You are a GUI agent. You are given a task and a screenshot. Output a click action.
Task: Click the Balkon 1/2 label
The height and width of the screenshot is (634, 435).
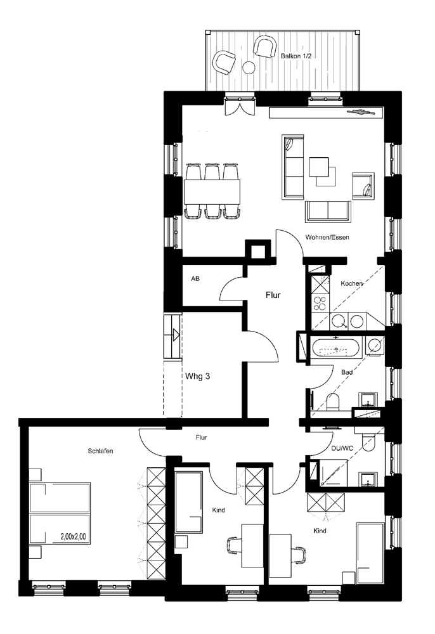tap(296, 56)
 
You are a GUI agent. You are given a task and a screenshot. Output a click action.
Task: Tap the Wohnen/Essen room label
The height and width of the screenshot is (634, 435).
tap(327, 237)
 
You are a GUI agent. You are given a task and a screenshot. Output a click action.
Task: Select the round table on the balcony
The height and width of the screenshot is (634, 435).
tap(249, 68)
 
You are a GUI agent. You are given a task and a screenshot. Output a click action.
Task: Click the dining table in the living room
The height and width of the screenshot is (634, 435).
tap(212, 191)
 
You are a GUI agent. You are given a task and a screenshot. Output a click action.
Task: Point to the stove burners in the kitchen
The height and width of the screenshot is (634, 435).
tap(320, 303)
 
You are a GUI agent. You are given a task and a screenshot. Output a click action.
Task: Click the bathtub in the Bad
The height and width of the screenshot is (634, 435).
tap(335, 347)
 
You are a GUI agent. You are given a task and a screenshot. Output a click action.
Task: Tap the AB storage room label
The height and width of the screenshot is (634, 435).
tap(195, 279)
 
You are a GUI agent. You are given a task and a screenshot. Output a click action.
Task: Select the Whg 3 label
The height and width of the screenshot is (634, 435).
tap(197, 376)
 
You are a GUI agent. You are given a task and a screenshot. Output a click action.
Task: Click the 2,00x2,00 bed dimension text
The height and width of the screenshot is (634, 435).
tap(73, 536)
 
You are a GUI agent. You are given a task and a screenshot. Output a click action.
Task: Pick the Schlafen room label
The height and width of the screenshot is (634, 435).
tap(100, 451)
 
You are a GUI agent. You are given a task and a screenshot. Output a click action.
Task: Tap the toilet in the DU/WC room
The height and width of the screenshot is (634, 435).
tap(368, 441)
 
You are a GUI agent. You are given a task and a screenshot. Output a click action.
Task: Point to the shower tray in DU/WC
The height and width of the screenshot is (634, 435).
tap(334, 473)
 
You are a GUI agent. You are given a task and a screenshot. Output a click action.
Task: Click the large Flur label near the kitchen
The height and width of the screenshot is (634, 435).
tap(273, 295)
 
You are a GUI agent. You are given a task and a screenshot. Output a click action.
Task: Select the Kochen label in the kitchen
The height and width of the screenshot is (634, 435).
tap(351, 283)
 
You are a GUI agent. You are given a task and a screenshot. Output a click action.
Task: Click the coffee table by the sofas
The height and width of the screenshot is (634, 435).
tap(322, 171)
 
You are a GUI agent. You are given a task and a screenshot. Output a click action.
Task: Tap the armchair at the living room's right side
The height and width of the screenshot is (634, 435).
tap(363, 186)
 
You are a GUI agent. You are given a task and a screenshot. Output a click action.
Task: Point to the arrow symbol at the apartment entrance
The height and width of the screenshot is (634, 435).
tap(176, 335)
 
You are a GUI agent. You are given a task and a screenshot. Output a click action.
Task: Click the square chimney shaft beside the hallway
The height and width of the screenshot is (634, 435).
tap(258, 252)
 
